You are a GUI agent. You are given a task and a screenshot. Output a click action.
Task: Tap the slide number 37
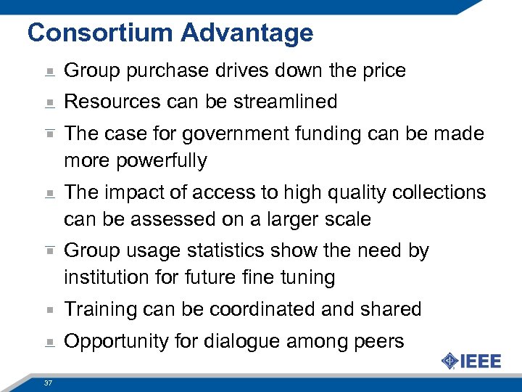point(49,383)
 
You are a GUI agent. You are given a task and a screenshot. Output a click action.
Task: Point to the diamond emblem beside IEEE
point(449,361)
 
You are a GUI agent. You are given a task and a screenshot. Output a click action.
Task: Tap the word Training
point(101,310)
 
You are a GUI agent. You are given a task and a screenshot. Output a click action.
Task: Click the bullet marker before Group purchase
point(49,72)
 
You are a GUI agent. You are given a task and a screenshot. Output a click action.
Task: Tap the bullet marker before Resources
point(49,103)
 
